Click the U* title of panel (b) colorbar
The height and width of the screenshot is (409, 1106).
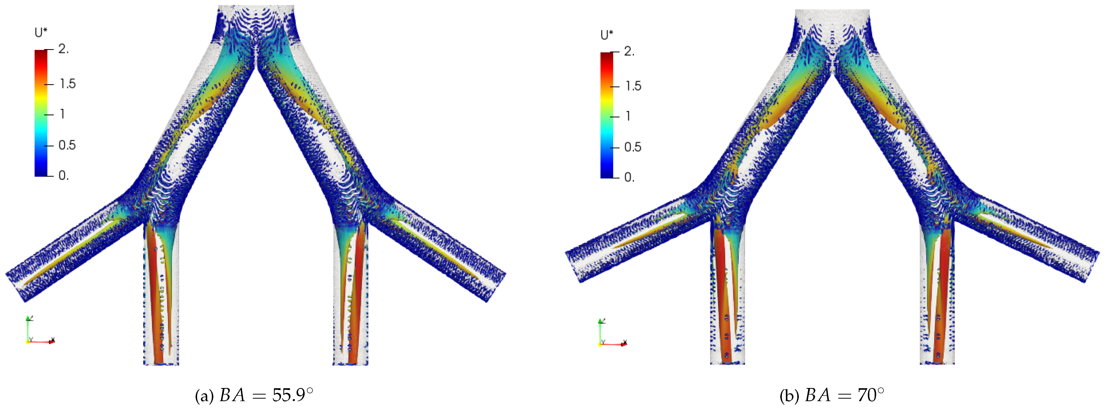607,35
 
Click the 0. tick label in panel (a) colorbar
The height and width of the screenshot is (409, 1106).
63,175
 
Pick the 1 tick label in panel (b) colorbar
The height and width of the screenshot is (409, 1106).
628,116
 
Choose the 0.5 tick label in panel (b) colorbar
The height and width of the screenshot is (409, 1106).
633,147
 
